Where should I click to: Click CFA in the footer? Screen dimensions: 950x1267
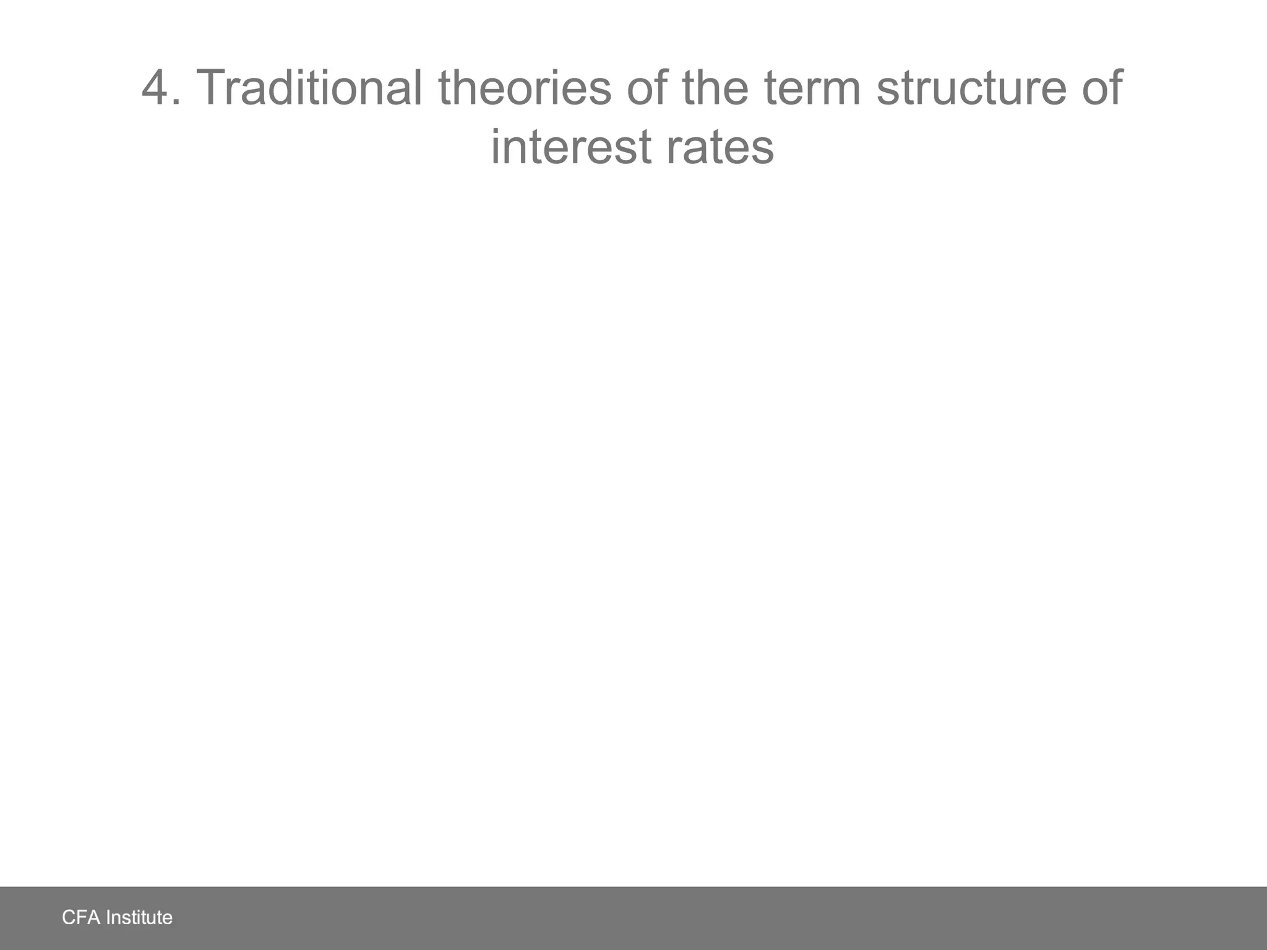[81, 917]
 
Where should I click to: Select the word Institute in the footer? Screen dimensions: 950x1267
[140, 917]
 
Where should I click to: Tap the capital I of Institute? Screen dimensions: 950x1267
[109, 917]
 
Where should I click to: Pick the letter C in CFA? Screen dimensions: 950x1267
[68, 917]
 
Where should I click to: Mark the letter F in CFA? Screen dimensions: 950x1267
[80, 917]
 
